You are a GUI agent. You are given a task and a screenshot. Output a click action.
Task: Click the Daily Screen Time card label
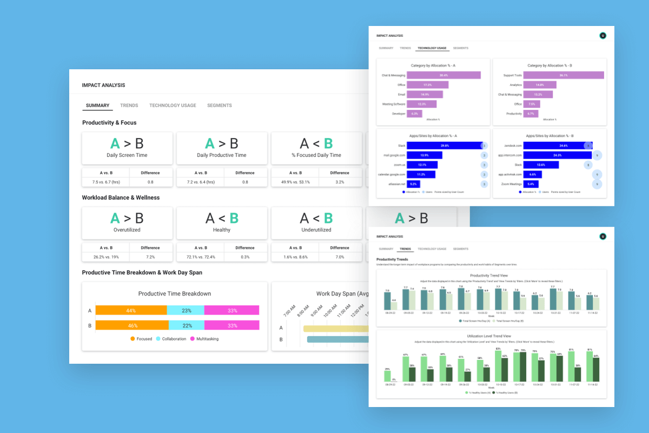tap(127, 155)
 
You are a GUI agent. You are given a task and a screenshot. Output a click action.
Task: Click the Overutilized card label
tap(127, 230)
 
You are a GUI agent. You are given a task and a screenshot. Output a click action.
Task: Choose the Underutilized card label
tap(316, 230)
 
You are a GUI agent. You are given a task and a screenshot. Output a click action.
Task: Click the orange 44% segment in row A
tap(131, 311)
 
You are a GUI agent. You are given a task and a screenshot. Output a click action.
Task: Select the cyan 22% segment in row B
tap(187, 325)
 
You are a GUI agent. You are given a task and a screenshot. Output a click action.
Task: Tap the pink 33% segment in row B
tap(232, 325)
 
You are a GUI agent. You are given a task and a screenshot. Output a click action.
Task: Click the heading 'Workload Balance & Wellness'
tap(121, 198)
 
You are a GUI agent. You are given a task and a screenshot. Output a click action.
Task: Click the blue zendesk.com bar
tap(552, 146)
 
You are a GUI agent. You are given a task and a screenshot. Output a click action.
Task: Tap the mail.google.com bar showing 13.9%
tap(424, 155)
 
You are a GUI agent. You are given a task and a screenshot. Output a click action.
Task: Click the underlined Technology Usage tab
tap(432, 48)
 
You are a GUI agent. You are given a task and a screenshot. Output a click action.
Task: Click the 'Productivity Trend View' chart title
tap(491, 275)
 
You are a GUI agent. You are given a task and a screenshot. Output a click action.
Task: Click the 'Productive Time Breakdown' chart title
tap(175, 294)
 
